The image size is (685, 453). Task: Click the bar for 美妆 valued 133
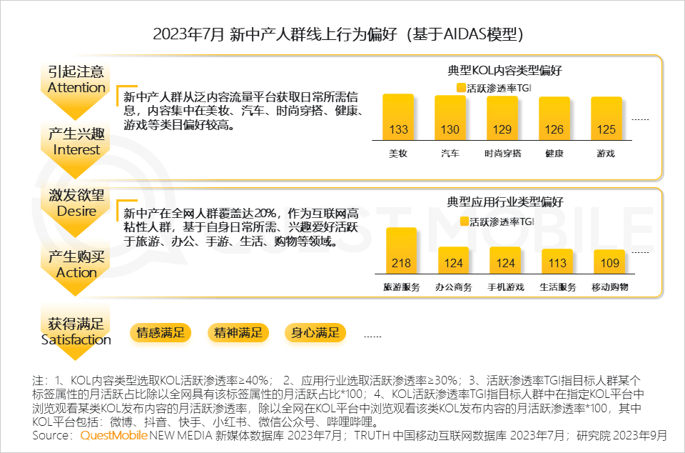pos(398,117)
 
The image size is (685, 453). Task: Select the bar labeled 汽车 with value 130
pos(450,117)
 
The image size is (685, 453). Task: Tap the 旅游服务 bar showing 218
pos(401,252)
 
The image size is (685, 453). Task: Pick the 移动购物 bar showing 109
pos(609,263)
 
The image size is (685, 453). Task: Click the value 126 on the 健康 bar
pos(554,129)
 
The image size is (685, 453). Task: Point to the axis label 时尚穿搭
pos(502,154)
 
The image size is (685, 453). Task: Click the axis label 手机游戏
pos(505,287)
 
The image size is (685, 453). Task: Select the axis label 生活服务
pos(557,287)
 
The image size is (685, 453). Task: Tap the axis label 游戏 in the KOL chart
pos(606,154)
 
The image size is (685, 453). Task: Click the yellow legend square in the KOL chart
pos(461,89)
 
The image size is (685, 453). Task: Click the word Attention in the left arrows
pos(76,87)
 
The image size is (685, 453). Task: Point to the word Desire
pos(76,211)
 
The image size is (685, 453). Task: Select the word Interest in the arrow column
pos(76,149)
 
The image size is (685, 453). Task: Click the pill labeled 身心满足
pos(315,332)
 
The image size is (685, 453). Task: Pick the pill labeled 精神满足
pos(238,332)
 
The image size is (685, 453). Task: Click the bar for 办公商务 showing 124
pos(453,262)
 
